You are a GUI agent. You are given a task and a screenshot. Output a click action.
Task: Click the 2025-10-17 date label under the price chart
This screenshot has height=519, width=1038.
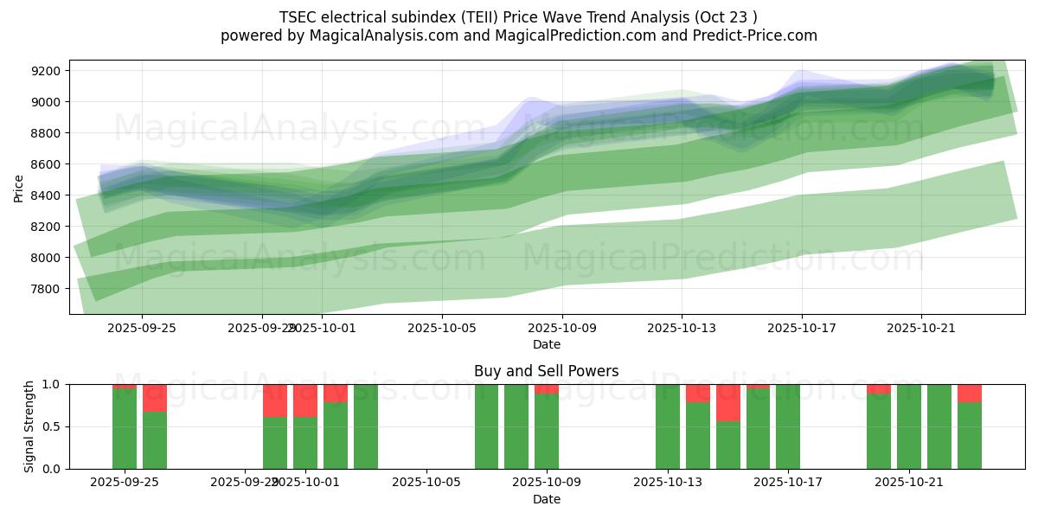tap(801, 328)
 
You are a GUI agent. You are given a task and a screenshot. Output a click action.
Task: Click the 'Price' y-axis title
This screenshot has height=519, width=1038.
tap(19, 188)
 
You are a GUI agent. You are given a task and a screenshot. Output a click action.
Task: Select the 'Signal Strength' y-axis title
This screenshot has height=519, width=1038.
tap(29, 426)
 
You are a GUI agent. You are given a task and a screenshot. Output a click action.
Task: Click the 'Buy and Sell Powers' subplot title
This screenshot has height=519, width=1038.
tap(546, 371)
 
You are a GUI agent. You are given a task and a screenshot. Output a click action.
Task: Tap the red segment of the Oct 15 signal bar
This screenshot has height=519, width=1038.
tap(728, 402)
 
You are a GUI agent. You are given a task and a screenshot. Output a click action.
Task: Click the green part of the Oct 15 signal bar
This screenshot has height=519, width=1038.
tap(728, 445)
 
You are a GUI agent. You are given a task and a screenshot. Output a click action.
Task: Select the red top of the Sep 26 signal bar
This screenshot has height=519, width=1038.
tap(155, 398)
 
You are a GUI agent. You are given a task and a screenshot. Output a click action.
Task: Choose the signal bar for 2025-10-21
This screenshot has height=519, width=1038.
tap(909, 426)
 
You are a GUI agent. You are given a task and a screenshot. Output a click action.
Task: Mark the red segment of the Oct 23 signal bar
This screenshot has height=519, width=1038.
tap(970, 393)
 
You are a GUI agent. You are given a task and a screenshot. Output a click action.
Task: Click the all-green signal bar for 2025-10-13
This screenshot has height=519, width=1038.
tap(668, 426)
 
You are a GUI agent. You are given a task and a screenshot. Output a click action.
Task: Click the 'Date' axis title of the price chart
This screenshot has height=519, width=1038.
tap(546, 344)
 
